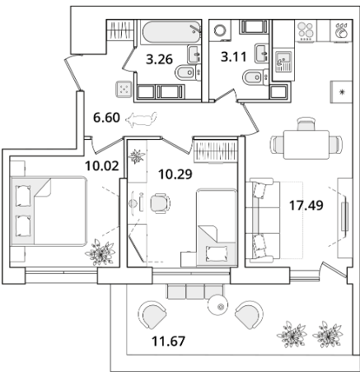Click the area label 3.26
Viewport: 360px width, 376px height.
[x=159, y=59]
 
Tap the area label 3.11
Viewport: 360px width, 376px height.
[x=234, y=58]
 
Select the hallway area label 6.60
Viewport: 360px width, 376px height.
[x=106, y=118]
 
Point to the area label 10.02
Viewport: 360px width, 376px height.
[x=102, y=166]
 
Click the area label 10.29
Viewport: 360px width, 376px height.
[x=175, y=174]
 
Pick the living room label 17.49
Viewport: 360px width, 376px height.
[x=306, y=205]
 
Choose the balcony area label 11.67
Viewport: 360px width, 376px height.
[x=169, y=341]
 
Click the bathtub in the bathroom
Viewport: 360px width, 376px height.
[x=171, y=32]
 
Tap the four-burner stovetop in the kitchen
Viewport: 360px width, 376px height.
[x=306, y=30]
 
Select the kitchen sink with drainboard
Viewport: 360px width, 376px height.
[x=283, y=62]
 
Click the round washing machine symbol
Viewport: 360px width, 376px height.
[x=220, y=30]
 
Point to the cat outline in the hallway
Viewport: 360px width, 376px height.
[x=141, y=119]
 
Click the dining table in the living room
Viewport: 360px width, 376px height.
[x=306, y=145]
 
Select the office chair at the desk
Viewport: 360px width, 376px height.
[x=160, y=203]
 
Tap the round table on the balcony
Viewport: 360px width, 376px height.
[x=217, y=305]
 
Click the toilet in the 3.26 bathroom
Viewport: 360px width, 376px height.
[x=185, y=72]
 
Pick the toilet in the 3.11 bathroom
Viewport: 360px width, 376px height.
[x=253, y=77]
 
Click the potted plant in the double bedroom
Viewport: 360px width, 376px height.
[x=100, y=253]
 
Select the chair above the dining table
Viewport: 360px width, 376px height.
[x=306, y=123]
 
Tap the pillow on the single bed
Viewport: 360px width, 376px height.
[x=217, y=253]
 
